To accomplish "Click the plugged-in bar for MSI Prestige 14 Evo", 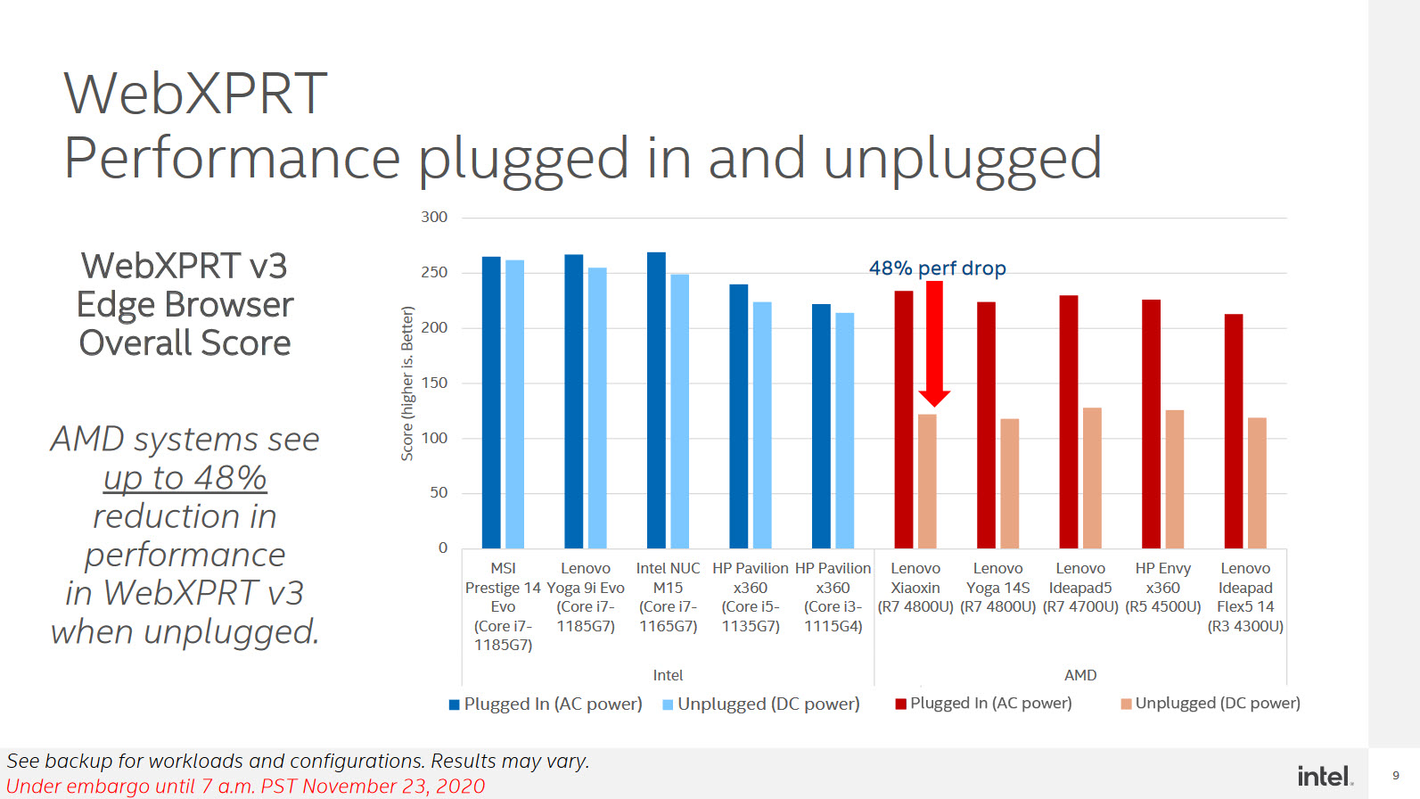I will point(491,402).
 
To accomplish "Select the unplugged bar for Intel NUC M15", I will point(679,411).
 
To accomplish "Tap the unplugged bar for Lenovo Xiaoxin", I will point(927,482).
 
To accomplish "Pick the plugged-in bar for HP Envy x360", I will point(1151,424).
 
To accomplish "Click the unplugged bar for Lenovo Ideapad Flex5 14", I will point(1257,482).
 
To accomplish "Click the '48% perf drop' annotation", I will point(937,268).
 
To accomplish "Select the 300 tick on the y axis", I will point(434,218).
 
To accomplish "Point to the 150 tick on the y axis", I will point(434,383).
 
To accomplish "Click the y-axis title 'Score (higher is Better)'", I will point(407,383).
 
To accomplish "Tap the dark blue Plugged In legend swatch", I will point(455,704).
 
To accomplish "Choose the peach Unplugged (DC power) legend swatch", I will point(1126,704).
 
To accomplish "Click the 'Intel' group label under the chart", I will point(668,675).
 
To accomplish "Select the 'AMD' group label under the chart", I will point(1080,675).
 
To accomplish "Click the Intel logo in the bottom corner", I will point(1325,776).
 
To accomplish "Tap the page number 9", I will point(1396,776).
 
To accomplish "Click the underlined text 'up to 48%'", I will point(185,478).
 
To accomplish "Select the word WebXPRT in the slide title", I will point(196,94).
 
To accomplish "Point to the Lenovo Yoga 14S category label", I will point(997,588).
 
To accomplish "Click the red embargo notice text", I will point(246,786).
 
